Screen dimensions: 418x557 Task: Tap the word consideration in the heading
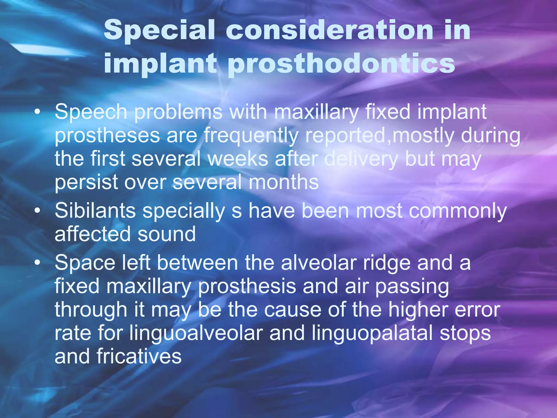[x=329, y=30]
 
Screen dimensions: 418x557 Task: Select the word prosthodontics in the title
[x=341, y=64]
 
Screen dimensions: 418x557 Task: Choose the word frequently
[x=251, y=136]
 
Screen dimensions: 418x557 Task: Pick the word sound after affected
[x=166, y=234]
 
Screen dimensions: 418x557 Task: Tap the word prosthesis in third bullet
[x=247, y=287]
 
